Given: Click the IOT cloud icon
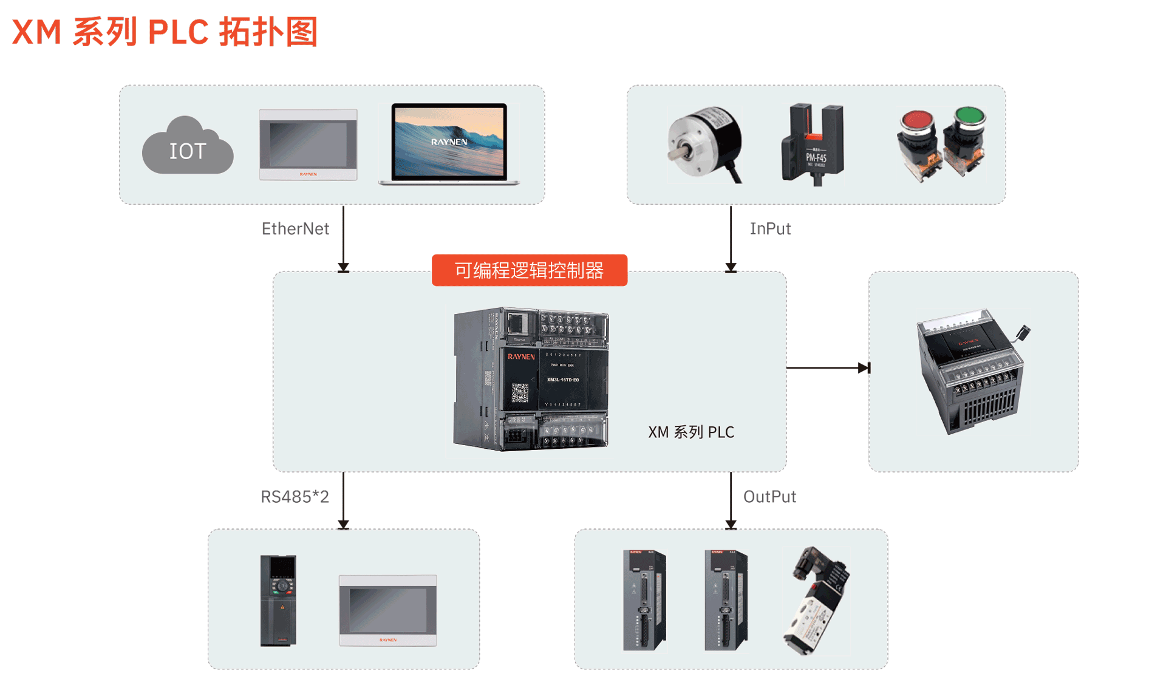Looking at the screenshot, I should pos(187,147).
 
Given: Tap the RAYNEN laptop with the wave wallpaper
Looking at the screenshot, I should pos(449,144).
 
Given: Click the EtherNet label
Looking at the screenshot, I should pos(295,229).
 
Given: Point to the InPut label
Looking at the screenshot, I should pos(770,229).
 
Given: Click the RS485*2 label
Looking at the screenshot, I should pos(295,497).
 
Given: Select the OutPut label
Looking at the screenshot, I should pos(769,497).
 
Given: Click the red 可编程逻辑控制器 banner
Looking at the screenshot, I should pos(529,270).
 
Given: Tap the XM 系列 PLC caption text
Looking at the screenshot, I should pos(691,432).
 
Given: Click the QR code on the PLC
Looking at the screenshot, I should pos(520,392).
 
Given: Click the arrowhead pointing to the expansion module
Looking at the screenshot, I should pos(864,368).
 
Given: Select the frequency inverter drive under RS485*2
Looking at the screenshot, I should pos(278,600).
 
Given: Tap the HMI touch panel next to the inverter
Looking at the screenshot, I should pos(387,610).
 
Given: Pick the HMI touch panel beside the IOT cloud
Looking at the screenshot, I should pos(308,145).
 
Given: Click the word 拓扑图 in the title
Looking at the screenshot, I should pos(268,32).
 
